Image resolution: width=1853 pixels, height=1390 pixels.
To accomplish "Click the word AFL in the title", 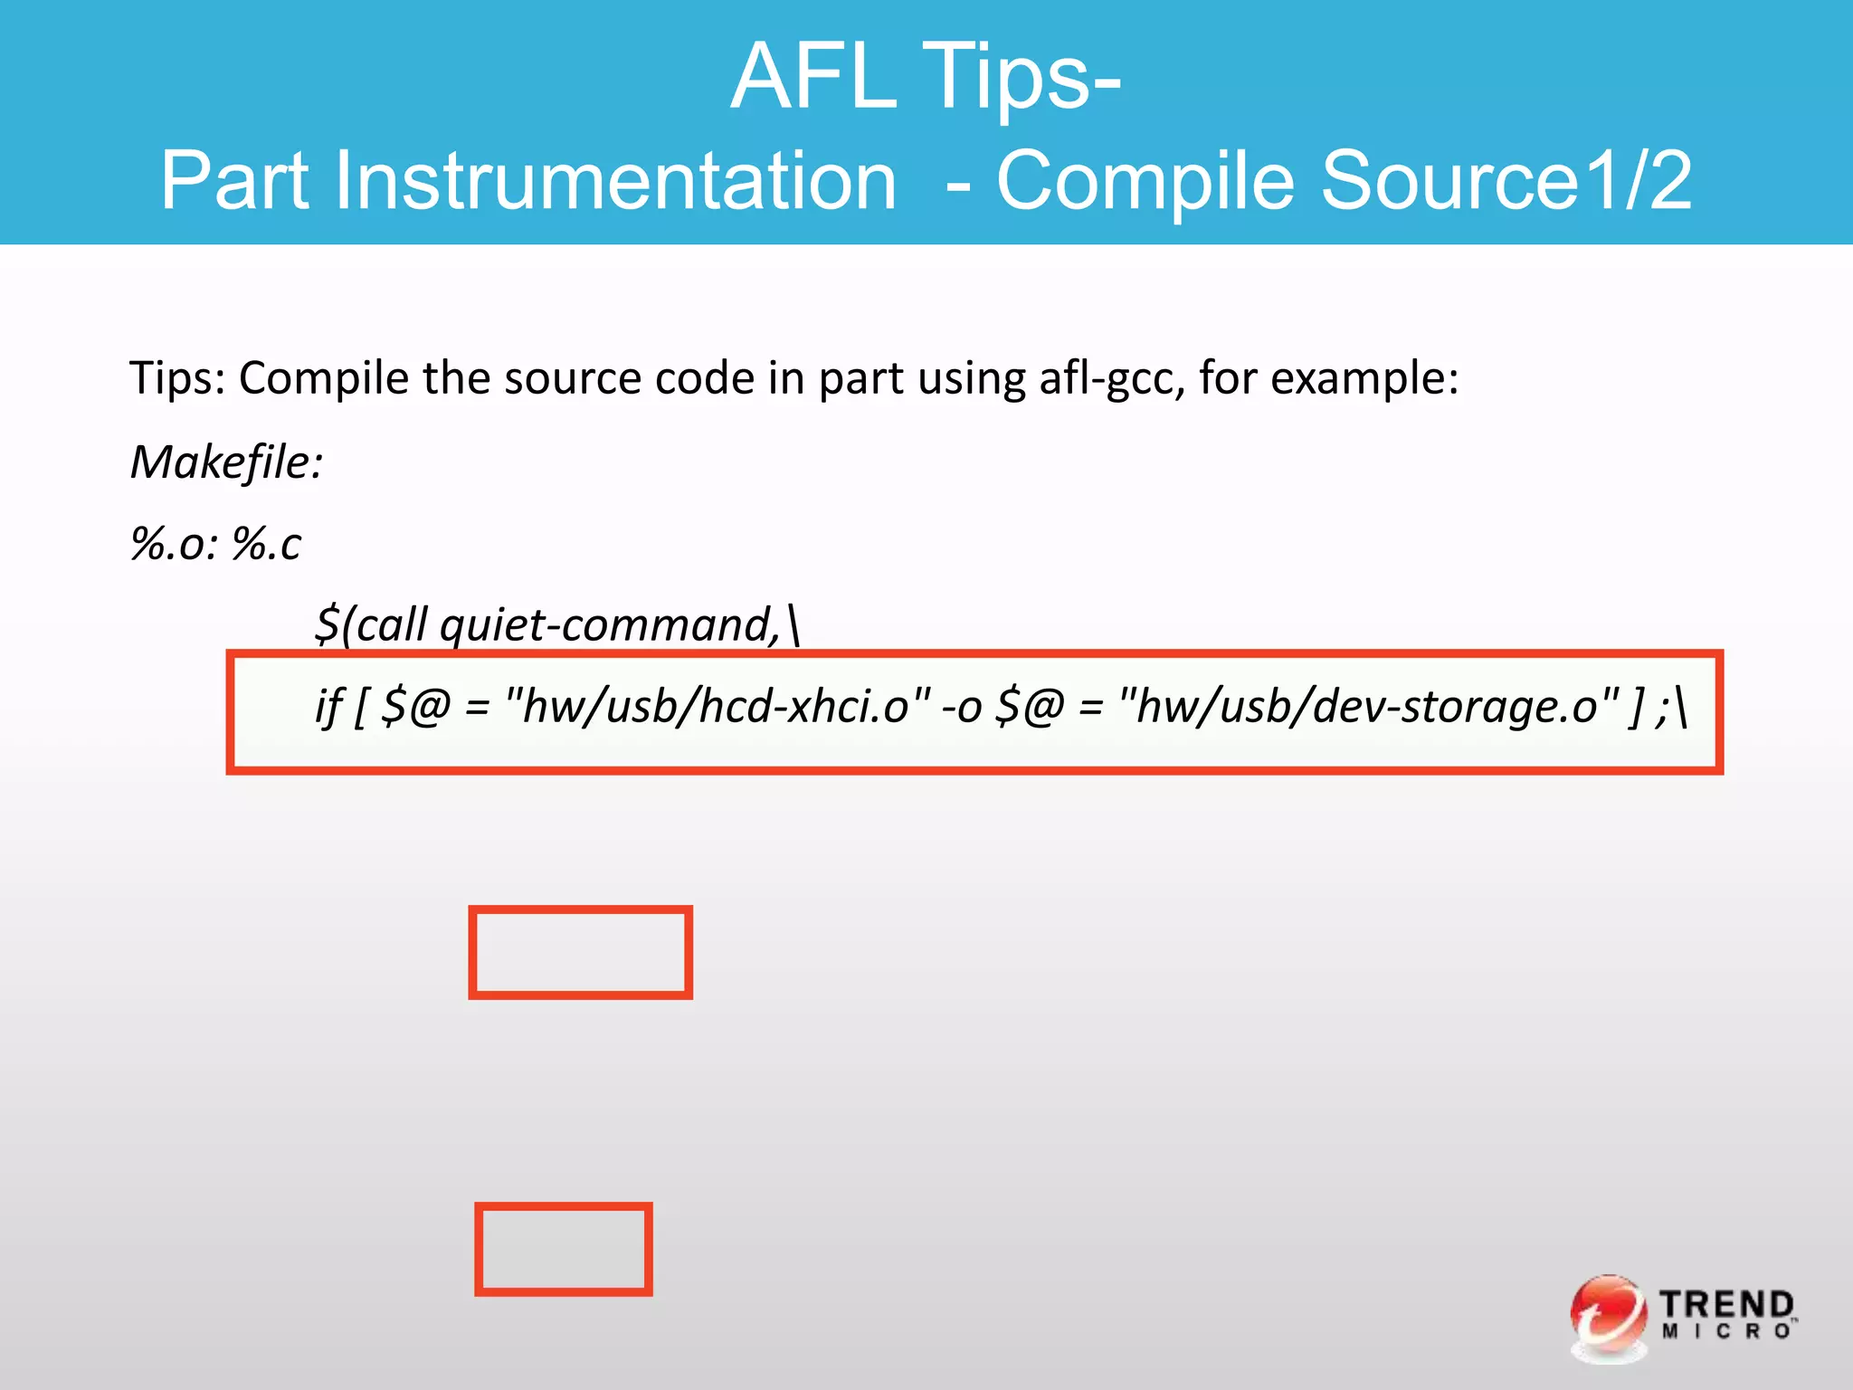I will point(812,78).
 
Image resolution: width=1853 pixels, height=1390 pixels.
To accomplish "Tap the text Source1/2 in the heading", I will point(1506,181).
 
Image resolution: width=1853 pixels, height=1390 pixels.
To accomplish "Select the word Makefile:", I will point(226,462).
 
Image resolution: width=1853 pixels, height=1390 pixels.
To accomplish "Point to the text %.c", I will point(266,544).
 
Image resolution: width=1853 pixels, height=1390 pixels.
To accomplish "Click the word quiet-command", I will point(608,624).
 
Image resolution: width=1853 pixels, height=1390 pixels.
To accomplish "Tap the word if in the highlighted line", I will point(328,706).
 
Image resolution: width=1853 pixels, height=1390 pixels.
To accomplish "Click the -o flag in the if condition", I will point(960,708).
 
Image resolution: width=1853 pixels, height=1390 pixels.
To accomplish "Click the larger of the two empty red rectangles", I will point(580,952).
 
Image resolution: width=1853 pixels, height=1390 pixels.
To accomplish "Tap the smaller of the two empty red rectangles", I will point(563,1249).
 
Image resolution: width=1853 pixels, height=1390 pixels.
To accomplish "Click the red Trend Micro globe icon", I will point(1607,1316).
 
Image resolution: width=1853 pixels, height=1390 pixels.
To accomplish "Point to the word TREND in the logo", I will point(1725,1304).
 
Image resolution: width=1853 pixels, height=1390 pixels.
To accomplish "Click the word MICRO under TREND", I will point(1725,1332).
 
